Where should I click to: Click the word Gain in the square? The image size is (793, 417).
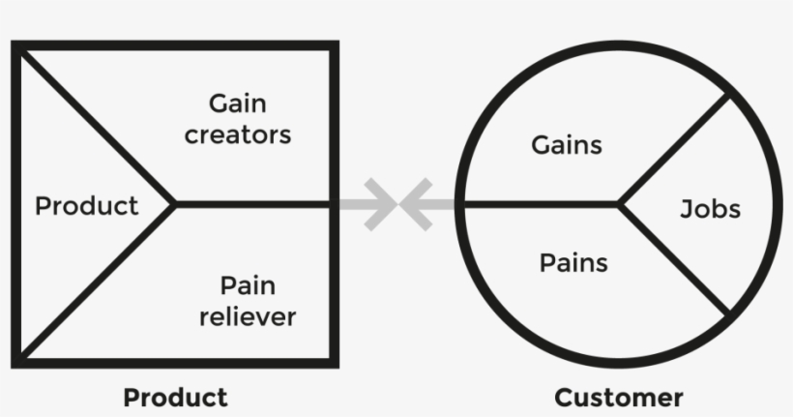(237, 104)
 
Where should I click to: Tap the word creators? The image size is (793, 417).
(238, 134)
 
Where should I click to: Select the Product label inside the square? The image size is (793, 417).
(86, 206)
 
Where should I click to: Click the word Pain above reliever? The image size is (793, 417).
(248, 285)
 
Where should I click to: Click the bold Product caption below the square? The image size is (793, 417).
(175, 397)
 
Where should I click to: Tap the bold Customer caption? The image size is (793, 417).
(619, 397)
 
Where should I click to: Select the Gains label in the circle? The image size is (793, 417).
(567, 146)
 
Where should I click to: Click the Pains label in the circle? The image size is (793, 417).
(573, 261)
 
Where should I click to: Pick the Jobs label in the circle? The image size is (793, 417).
(710, 209)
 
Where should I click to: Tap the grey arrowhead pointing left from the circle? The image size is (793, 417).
(418, 204)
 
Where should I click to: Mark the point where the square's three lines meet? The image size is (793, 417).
(174, 204)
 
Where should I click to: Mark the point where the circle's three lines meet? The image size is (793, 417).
(619, 204)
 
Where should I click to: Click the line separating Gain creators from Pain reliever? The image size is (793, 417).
(256, 204)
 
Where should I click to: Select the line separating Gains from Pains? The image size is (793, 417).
(542, 204)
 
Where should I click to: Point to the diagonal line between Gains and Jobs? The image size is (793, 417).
(674, 150)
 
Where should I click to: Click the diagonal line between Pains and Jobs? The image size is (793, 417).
(674, 259)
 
